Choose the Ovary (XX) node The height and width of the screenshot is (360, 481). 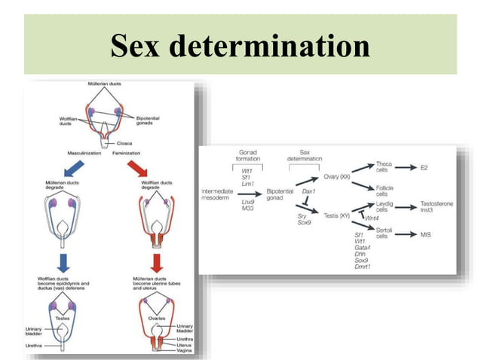[x=336, y=177]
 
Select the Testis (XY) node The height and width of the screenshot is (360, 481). [x=336, y=215]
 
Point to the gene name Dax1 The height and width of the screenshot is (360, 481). [x=308, y=191]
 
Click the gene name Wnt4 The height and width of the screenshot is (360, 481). [x=371, y=218]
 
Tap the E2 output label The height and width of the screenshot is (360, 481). [x=424, y=167]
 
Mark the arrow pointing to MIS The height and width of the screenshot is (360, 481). [x=403, y=235]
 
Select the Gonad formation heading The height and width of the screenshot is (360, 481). [x=248, y=155]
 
